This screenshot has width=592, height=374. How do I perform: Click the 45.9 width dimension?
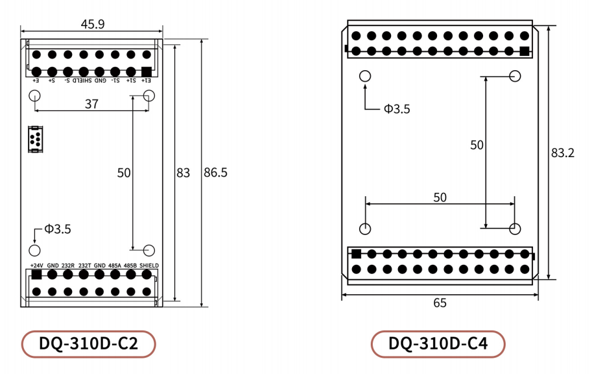coord(93,24)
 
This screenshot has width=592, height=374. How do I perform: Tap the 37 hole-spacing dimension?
coord(91,104)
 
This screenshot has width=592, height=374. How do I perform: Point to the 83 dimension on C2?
coord(184,173)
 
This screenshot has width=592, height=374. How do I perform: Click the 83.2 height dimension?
coord(562,153)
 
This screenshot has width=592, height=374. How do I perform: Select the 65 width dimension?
coord(440,303)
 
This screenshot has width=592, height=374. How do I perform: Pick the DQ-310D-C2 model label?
coord(89,344)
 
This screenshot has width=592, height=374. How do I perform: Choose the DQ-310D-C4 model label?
coord(438,344)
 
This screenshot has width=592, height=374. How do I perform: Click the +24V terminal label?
coord(36,266)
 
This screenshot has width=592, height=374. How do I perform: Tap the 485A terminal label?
coord(115,266)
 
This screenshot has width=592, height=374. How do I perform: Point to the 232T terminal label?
coord(84,266)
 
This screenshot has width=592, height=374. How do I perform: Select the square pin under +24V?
coord(36,275)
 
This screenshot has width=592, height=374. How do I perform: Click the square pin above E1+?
coord(147,71)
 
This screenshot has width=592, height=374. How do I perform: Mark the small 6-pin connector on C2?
coord(35,139)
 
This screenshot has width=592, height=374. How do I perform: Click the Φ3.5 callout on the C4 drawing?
coord(396,109)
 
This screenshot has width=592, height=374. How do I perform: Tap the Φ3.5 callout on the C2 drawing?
coord(58,229)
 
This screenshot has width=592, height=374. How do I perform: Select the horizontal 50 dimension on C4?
coord(440,197)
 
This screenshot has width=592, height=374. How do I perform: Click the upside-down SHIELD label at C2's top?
coord(82,81)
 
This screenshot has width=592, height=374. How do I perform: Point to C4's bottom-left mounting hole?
coord(365,229)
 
